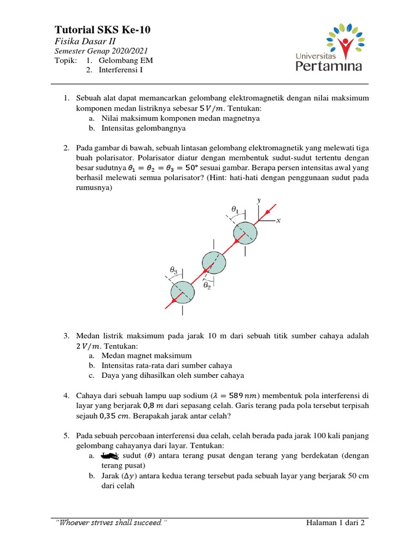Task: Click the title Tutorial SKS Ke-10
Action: pyautogui.click(x=102, y=30)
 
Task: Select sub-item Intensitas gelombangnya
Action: pyautogui.click(x=144, y=128)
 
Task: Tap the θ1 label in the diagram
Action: pyautogui.click(x=236, y=209)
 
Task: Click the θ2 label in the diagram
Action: pyautogui.click(x=207, y=285)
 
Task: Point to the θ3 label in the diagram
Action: pyautogui.click(x=173, y=270)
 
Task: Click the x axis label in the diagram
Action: pyautogui.click(x=278, y=221)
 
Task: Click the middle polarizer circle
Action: pyautogui.click(x=214, y=263)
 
